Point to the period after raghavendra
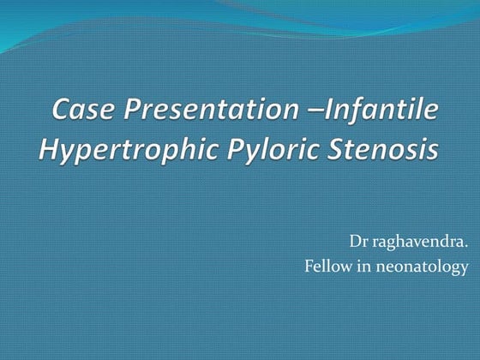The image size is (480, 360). click(x=466, y=247)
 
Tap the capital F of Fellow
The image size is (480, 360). click(x=309, y=267)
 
